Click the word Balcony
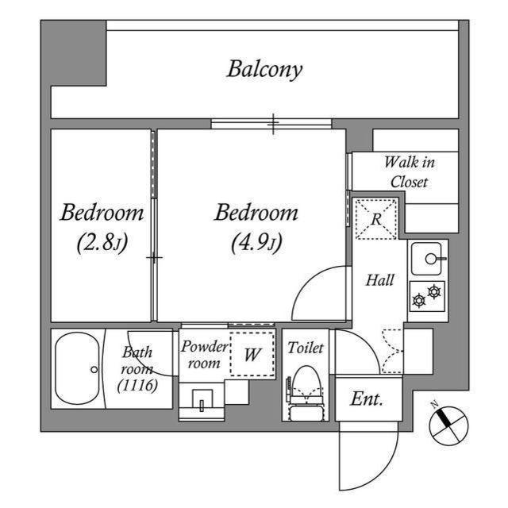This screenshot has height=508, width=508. coord(264,70)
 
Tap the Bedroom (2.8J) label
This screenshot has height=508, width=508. coord(102,226)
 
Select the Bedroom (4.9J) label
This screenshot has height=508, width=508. coord(256,226)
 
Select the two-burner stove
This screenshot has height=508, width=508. coord(427,296)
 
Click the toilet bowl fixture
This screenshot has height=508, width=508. coord(306,387)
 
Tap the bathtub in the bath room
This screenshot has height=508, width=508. coord(77,369)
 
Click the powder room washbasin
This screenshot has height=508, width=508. coord(202,401)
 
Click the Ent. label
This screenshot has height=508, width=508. coord(368,399)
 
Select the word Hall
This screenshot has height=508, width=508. coord(379,280)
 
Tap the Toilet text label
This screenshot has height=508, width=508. coord(304,348)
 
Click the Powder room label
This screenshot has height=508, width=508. coord(204,354)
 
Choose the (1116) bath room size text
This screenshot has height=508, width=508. coord(137,385)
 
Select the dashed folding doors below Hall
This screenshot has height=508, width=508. coord(391,349)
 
